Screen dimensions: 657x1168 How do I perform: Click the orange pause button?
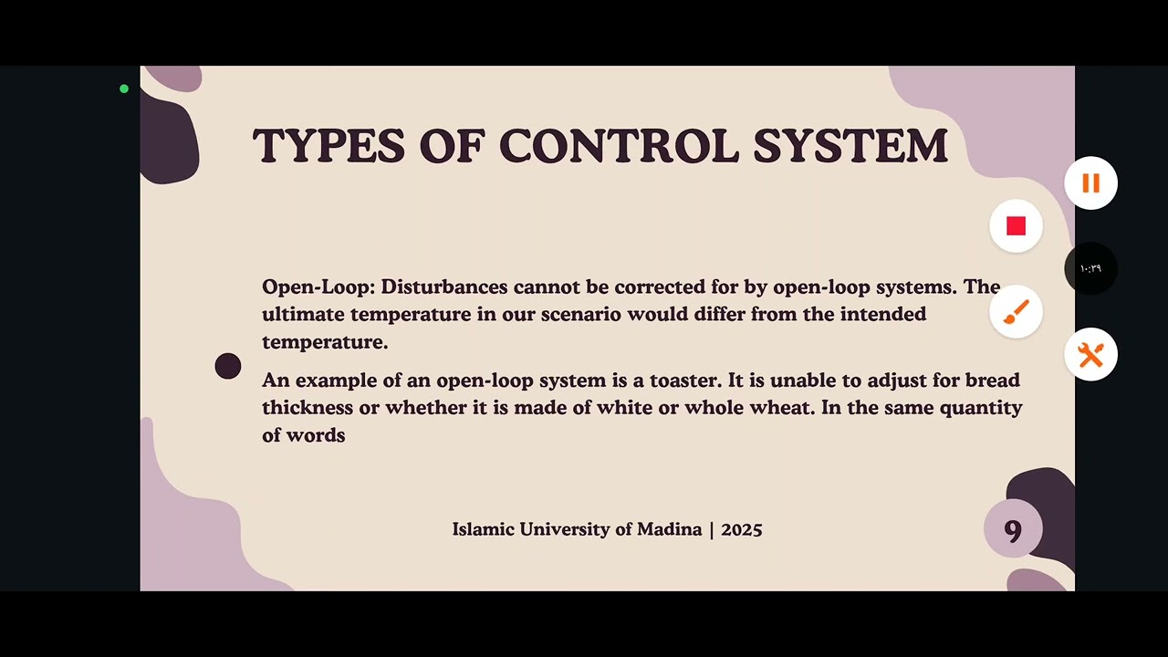click(x=1090, y=183)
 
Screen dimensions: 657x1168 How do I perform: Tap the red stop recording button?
click(x=1016, y=226)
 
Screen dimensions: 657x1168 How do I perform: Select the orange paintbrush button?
click(x=1016, y=312)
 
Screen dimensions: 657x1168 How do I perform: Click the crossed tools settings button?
click(x=1090, y=354)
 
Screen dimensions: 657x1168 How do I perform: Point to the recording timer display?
click(x=1090, y=268)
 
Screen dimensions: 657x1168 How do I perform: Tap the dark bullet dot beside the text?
click(x=228, y=366)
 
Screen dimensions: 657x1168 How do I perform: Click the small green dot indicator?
click(x=124, y=89)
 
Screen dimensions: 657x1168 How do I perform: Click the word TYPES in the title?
click(x=328, y=146)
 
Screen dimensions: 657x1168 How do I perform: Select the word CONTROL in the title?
click(x=619, y=146)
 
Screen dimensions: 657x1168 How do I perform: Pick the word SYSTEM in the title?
click(x=850, y=146)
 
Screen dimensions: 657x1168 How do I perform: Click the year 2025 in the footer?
click(x=741, y=529)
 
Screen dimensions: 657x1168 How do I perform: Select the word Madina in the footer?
click(x=669, y=529)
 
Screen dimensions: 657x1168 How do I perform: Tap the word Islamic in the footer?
click(x=483, y=529)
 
